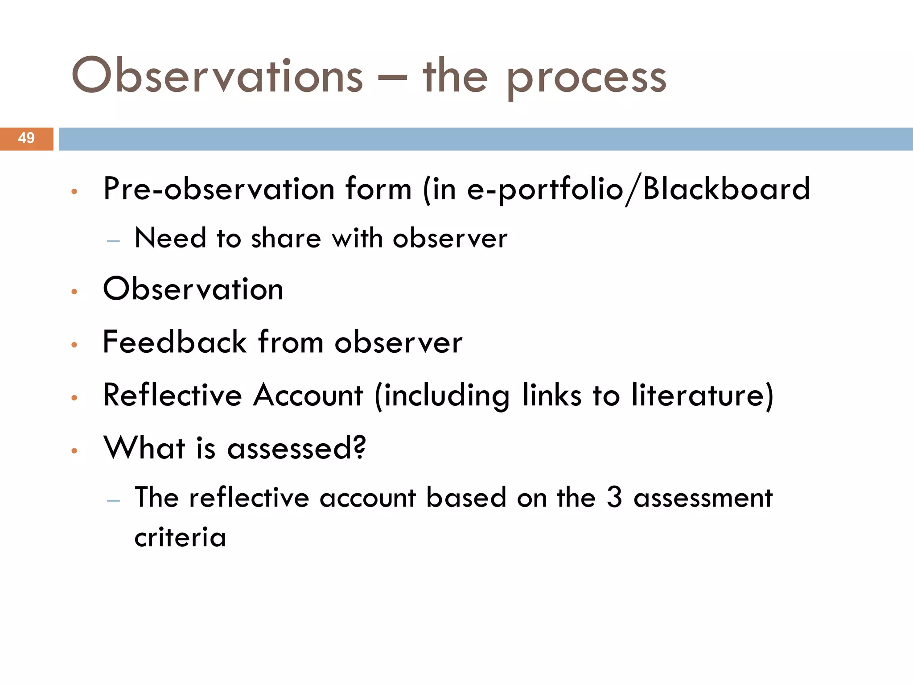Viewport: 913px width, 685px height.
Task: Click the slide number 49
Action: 26,138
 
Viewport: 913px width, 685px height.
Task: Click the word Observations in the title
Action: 217,76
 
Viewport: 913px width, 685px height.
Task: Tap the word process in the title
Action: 586,78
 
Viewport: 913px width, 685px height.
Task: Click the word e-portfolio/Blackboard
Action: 638,189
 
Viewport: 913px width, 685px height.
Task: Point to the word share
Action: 286,238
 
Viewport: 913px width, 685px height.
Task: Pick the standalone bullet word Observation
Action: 193,289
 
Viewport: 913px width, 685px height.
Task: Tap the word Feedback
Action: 175,342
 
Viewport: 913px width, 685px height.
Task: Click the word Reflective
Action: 173,395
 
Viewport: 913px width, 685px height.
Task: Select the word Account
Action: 308,395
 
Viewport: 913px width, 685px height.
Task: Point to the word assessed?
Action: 296,448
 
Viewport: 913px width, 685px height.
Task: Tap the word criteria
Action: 180,537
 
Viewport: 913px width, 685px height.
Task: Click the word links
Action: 552,395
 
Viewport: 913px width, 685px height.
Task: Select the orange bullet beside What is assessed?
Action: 74,451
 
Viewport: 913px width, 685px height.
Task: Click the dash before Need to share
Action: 114,241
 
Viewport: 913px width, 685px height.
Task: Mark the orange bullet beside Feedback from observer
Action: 74,345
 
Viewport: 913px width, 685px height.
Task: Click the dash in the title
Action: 392,78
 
